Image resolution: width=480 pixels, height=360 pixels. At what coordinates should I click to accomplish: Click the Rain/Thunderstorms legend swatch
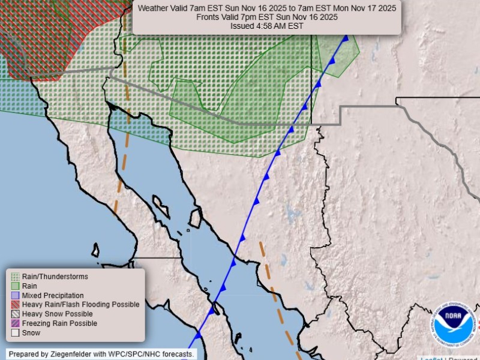(x=15, y=277)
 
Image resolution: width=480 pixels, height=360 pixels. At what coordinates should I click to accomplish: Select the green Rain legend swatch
(x=15, y=286)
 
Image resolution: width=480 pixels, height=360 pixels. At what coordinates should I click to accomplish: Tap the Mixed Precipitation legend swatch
(x=15, y=296)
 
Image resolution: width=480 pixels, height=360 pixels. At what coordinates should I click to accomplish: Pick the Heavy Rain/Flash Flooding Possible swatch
(x=15, y=305)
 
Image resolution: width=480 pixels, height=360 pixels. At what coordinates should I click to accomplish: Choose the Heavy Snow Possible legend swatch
(x=15, y=314)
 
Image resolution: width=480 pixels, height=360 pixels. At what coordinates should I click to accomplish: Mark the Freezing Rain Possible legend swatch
(x=15, y=323)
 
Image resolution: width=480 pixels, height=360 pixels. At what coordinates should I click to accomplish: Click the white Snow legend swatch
(x=15, y=332)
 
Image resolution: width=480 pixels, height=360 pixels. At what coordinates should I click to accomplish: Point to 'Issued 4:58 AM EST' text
(x=267, y=26)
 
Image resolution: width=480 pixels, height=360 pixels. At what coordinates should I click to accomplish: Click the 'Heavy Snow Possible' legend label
(x=57, y=314)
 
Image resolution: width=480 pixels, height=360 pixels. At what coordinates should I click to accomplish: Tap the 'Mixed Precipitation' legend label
(x=53, y=296)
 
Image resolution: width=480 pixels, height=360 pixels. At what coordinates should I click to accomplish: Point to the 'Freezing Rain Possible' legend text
(x=59, y=323)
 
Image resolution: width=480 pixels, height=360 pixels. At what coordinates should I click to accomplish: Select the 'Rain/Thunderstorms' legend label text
(x=55, y=277)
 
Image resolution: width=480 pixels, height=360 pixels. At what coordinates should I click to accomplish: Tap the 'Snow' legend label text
(x=31, y=332)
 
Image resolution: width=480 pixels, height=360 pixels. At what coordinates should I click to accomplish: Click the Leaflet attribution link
(x=431, y=359)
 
